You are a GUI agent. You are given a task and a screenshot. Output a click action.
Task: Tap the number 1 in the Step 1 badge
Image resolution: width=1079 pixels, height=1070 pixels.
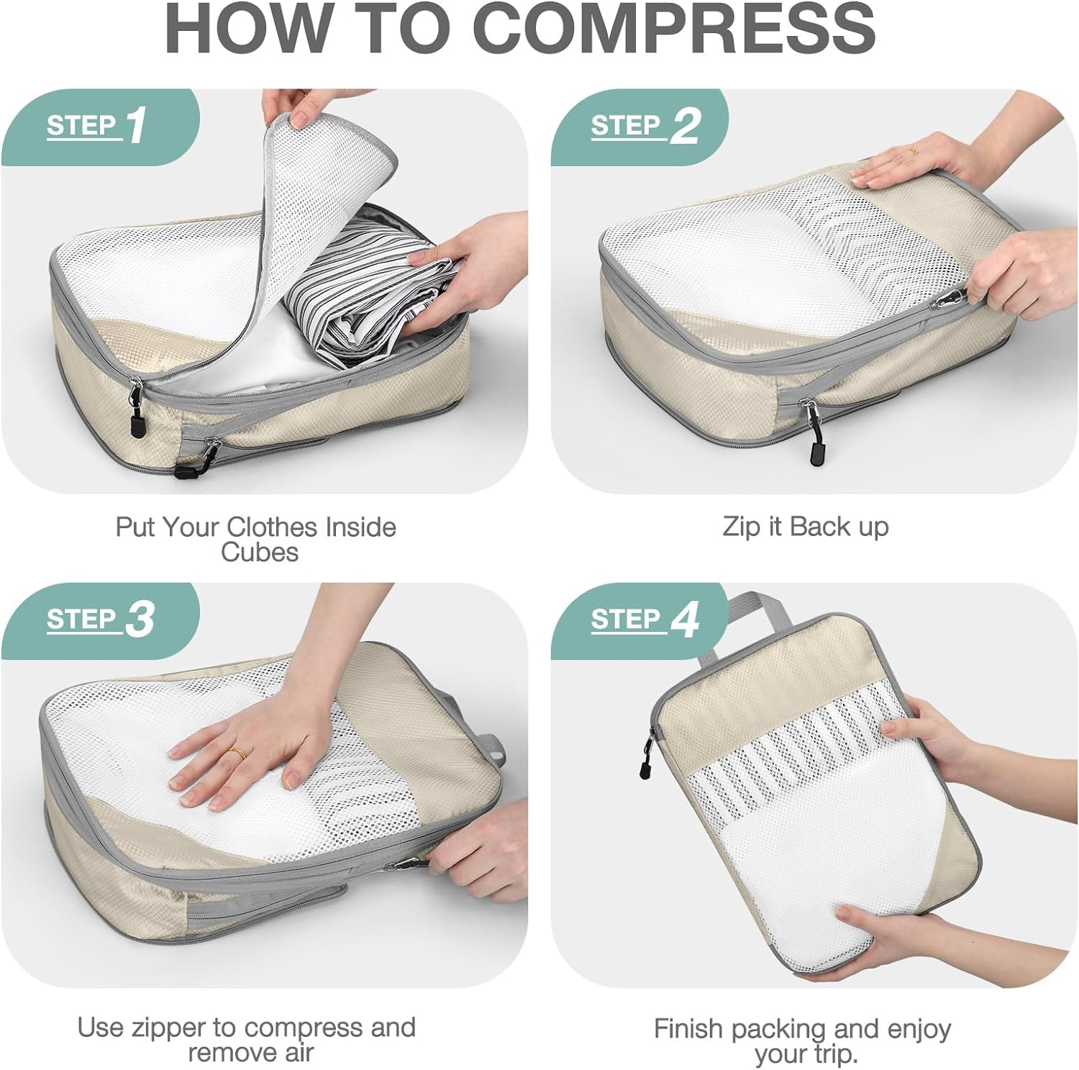click(136, 125)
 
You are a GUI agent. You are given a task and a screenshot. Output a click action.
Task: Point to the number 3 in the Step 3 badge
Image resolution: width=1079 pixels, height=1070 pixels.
click(140, 620)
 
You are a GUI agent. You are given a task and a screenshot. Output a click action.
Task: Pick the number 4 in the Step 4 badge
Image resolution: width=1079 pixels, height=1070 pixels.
click(684, 620)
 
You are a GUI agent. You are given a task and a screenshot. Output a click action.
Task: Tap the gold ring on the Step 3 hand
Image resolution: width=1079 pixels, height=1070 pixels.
click(237, 754)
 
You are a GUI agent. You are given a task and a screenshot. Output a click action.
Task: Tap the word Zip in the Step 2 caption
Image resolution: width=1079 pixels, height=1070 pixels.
click(742, 527)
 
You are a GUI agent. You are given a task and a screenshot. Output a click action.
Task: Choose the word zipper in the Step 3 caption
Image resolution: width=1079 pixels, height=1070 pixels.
click(168, 1028)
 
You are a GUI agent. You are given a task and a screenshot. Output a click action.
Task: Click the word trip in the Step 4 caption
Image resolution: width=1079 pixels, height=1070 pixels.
click(838, 1055)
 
